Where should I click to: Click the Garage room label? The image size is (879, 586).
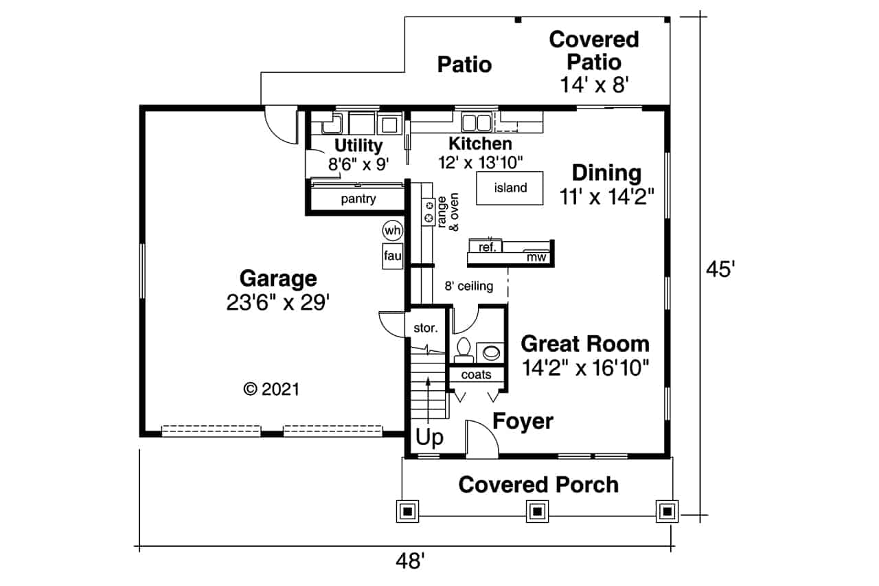click(278, 279)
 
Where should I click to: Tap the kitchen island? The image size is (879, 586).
click(510, 188)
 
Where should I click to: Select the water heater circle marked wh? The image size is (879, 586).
click(392, 230)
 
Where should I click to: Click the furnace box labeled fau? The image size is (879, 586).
click(392, 256)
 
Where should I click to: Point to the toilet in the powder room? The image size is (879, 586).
click(464, 350)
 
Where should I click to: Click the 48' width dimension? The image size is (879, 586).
click(410, 561)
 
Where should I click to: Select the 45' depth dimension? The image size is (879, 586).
click(720, 270)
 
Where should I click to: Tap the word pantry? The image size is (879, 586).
click(358, 199)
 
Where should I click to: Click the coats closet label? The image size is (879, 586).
click(476, 374)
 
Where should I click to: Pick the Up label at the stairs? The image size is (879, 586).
click(429, 437)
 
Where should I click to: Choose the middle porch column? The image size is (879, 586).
click(537, 511)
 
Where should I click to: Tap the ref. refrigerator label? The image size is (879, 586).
click(488, 247)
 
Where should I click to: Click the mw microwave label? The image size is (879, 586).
click(536, 257)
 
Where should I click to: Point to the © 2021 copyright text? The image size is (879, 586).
click(271, 390)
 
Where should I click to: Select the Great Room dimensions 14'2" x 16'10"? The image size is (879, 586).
click(585, 368)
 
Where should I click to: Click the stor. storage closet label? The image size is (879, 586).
click(426, 328)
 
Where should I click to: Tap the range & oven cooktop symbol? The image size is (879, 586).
click(429, 212)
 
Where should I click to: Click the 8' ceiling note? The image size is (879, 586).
click(469, 286)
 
